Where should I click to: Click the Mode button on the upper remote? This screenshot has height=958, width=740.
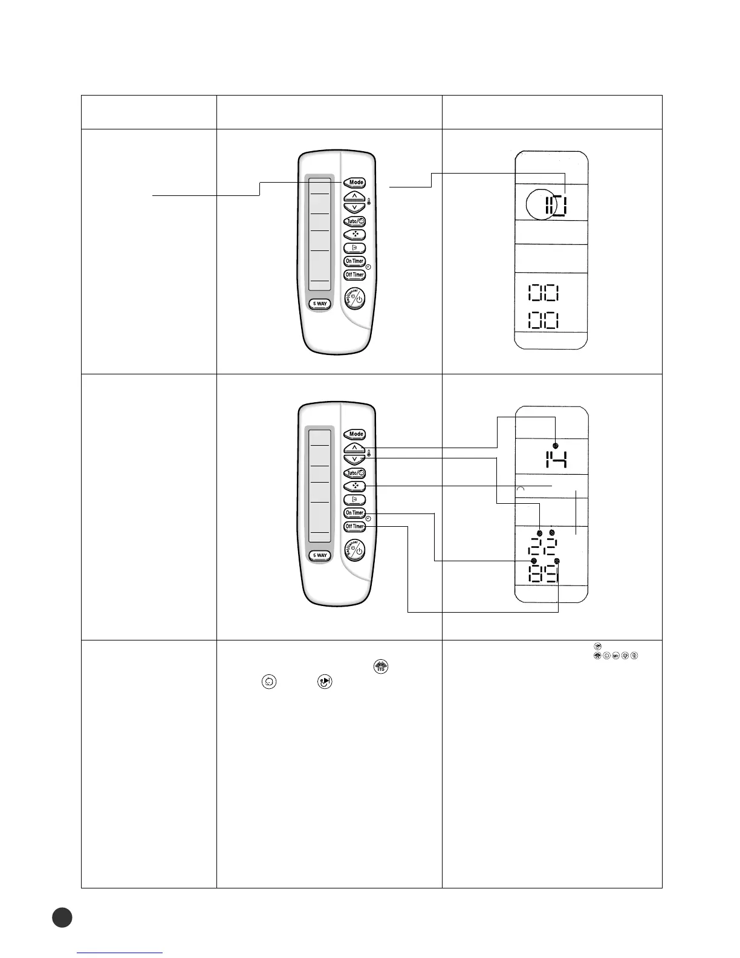coord(355,182)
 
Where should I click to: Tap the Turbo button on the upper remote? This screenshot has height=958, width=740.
coord(355,221)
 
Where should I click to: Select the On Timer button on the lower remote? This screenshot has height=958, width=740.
coord(355,513)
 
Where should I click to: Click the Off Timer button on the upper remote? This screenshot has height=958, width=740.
coord(355,275)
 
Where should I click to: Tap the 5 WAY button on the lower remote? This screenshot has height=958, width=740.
coord(320,555)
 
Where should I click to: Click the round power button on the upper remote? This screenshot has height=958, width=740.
coord(355,299)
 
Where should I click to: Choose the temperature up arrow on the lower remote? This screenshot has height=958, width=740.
coord(355,448)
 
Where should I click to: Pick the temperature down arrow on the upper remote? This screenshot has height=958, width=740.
coord(355,207)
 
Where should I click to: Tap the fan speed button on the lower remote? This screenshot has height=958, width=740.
coord(355,486)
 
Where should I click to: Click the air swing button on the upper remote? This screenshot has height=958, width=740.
coord(355,248)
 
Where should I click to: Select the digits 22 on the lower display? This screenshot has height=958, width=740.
coord(543,547)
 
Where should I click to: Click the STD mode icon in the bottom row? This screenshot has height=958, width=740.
coord(381,666)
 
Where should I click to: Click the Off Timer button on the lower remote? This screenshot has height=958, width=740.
coord(355,526)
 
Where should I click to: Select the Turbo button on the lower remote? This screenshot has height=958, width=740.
coord(355,473)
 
